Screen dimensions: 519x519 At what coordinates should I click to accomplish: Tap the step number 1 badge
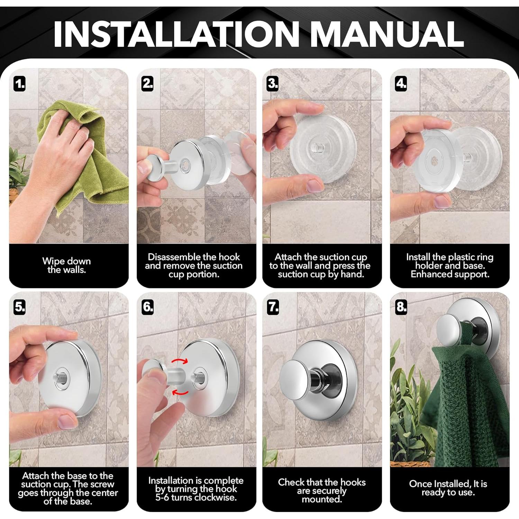[x=20, y=84]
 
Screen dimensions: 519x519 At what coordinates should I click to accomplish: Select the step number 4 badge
[x=401, y=84]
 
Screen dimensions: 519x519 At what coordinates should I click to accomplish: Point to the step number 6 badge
[x=148, y=307]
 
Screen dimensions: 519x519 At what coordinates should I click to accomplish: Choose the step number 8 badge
[x=401, y=307]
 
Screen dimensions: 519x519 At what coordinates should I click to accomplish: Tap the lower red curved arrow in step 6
[x=181, y=392]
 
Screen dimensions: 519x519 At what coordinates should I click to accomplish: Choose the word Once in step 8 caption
[x=420, y=484]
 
